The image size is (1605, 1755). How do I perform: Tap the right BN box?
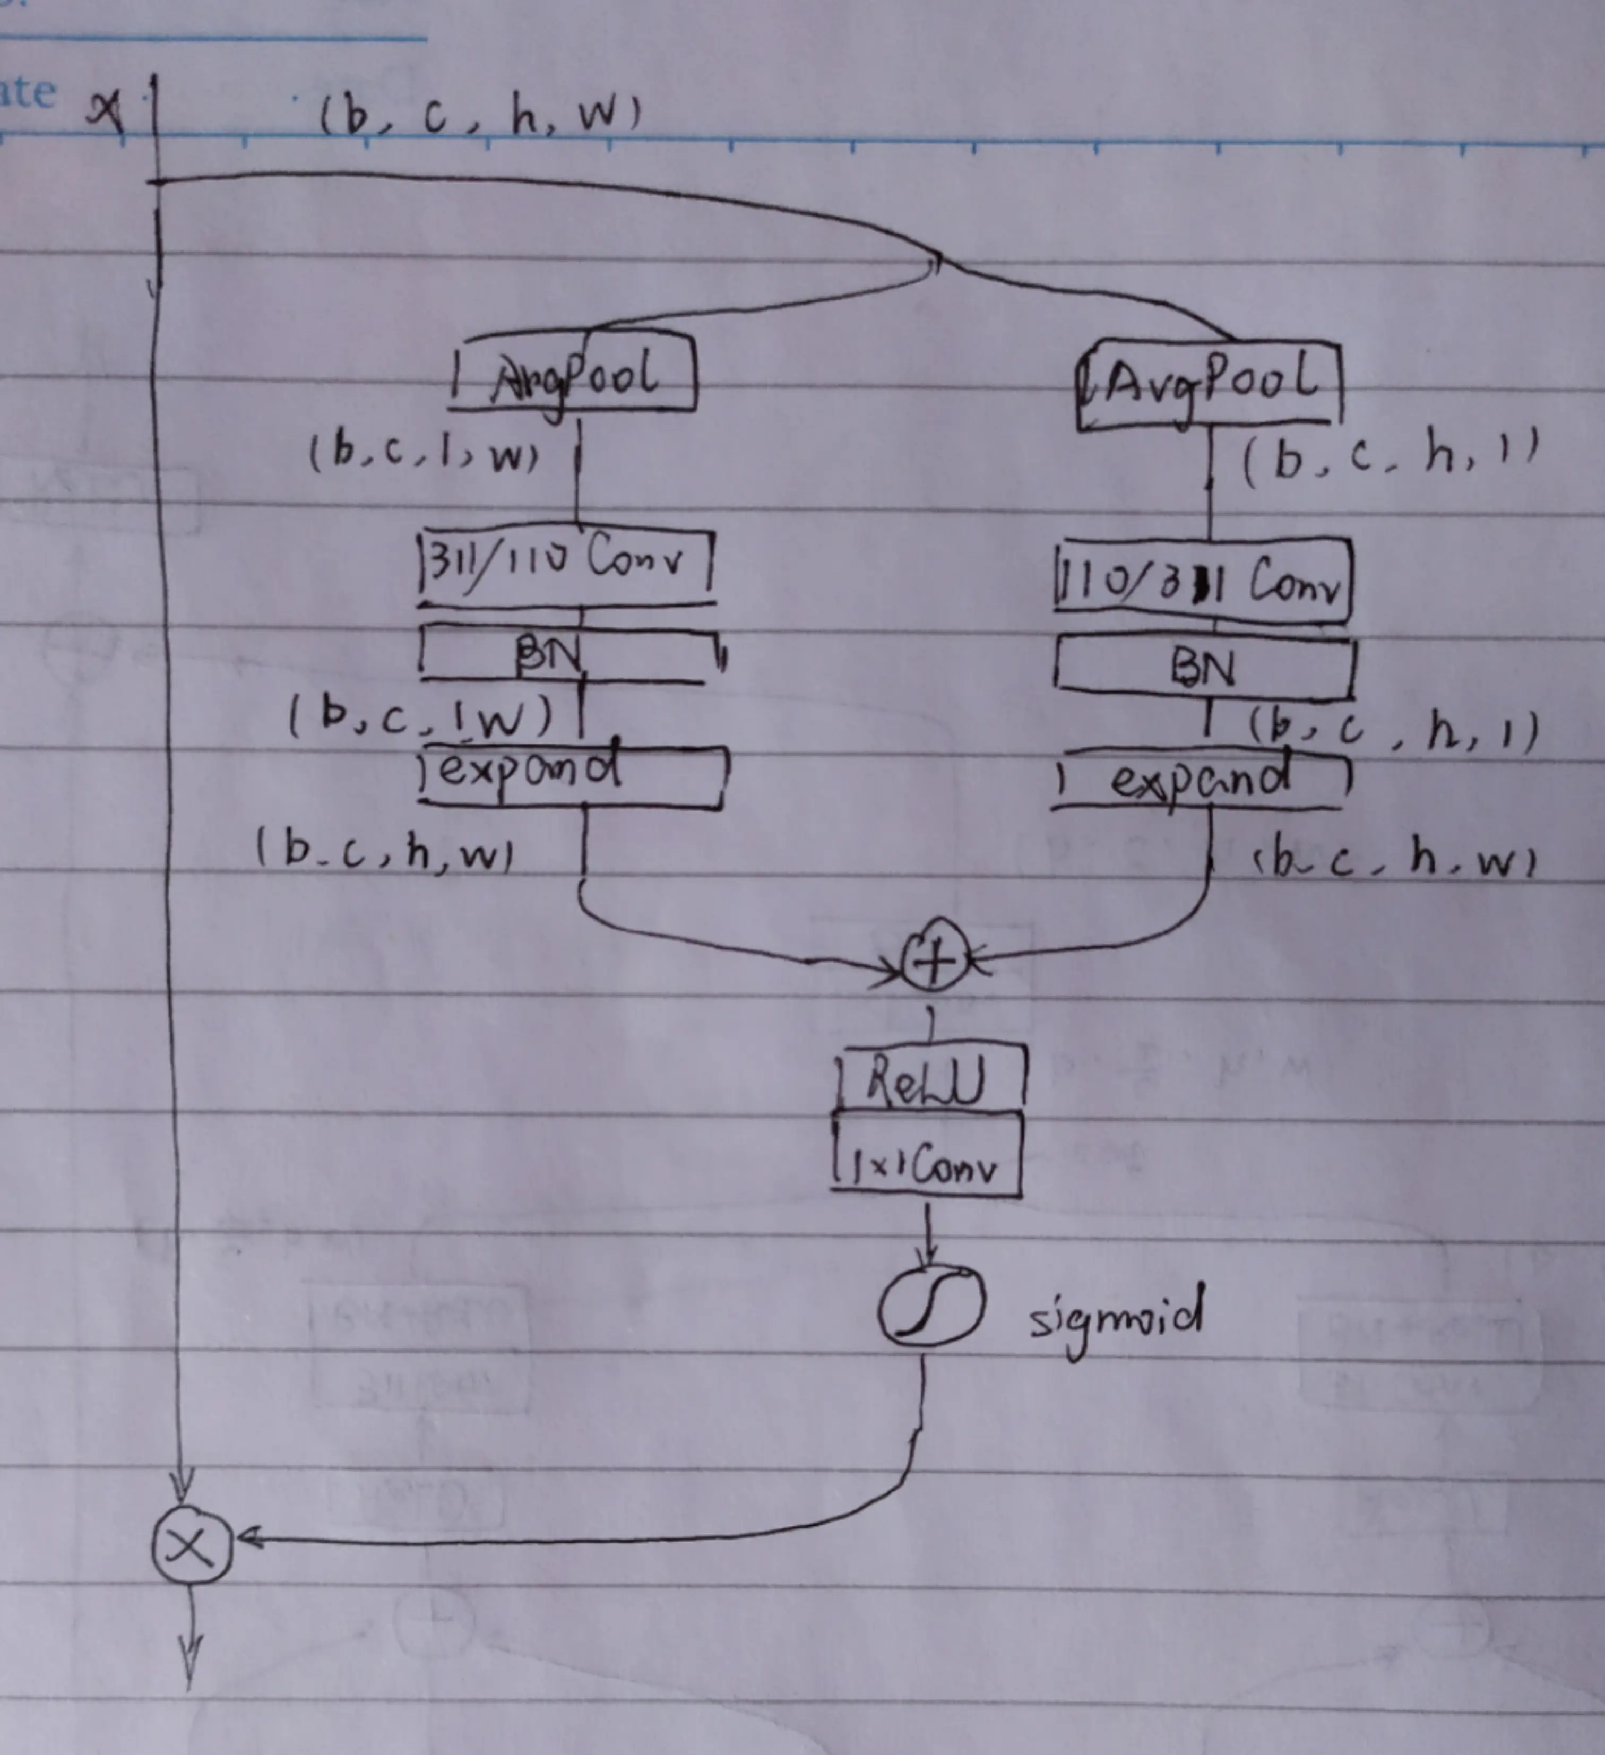1204,669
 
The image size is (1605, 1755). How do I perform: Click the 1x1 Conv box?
927,1156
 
